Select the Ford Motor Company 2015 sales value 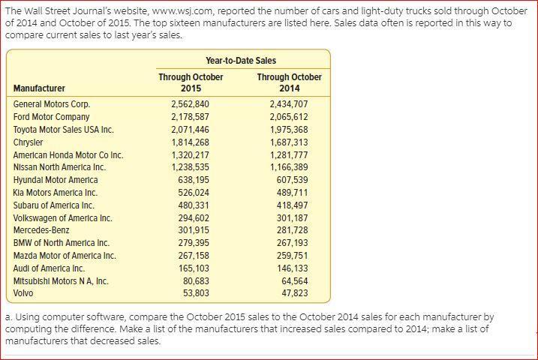pos(190,117)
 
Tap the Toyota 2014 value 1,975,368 pos(289,130)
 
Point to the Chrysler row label pos(29,142)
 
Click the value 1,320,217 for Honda pos(190,155)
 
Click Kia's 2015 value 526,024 pos(193,193)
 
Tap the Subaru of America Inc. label pos(54,205)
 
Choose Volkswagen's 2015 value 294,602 pos(193,218)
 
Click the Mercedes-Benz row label pos(41,230)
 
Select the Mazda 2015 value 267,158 pos(193,256)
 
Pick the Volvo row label pos(23,293)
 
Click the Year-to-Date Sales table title pos(240,61)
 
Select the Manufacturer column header pos(39,88)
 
